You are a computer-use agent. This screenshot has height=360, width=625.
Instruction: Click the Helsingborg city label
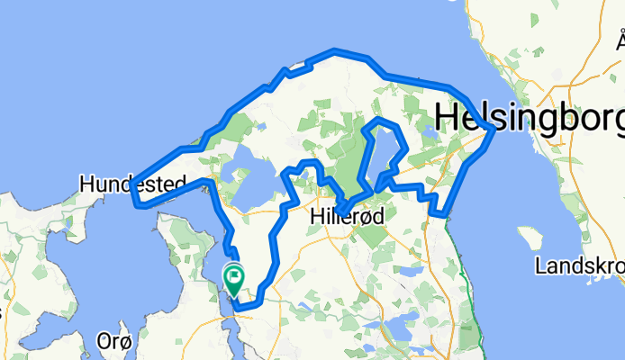click(x=530, y=117)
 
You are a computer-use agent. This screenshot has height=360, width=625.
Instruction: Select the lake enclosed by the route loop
click(x=383, y=144)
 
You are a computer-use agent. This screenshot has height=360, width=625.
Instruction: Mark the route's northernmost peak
click(x=335, y=50)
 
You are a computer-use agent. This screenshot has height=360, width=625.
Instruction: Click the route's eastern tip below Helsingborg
click(x=493, y=130)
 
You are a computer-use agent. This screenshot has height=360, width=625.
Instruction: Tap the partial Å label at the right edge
click(x=620, y=40)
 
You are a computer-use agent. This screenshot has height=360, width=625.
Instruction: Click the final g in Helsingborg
click(x=615, y=119)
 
